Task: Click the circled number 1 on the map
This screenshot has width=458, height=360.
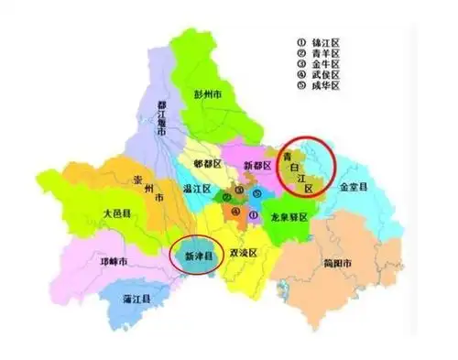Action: [x=253, y=214]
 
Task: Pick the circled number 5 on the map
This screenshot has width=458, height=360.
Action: [x=257, y=193]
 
